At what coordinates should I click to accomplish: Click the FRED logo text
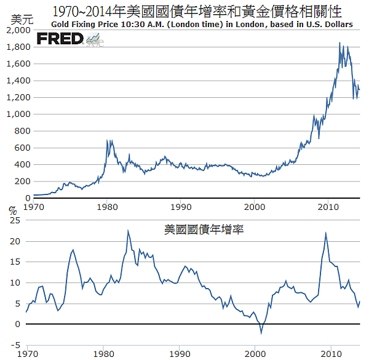pyautogui.click(x=60, y=39)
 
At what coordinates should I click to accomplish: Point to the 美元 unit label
pyautogui.click(x=20, y=19)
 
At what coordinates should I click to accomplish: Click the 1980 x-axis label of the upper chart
pyautogui.click(x=107, y=206)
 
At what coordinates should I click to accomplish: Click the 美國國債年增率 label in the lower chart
pyautogui.click(x=204, y=230)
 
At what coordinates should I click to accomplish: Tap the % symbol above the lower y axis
pyautogui.click(x=12, y=209)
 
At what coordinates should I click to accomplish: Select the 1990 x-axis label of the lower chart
pyautogui.click(x=180, y=354)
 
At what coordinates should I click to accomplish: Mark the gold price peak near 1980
pyautogui.click(x=108, y=141)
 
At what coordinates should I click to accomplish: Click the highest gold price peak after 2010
pyautogui.click(x=340, y=43)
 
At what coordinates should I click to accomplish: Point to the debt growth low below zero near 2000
pyautogui.click(x=261, y=333)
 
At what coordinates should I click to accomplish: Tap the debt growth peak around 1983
pyautogui.click(x=128, y=231)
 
